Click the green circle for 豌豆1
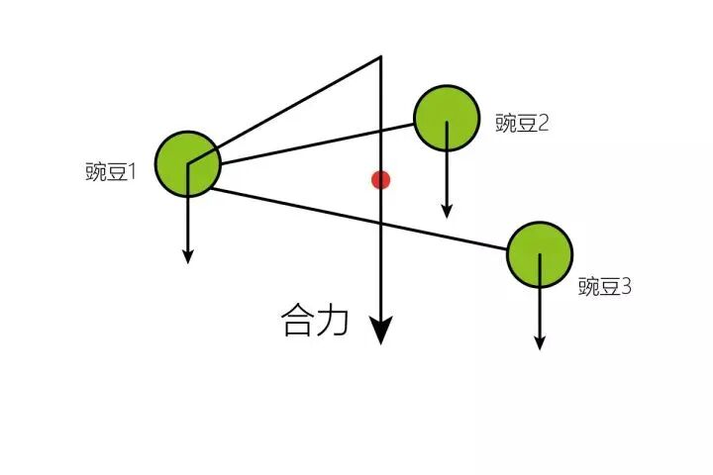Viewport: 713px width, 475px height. coord(187,164)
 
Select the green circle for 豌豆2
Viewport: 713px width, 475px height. coord(447,119)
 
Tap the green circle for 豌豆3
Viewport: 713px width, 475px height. coord(540,254)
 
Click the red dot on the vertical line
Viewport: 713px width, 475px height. coord(380,179)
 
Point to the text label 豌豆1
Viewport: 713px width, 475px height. coord(110,172)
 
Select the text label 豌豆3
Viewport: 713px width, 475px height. coord(604,287)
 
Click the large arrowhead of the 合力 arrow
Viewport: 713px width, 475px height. coord(380,332)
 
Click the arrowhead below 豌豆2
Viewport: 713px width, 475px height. coord(447,211)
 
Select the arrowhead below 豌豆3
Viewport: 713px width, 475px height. coord(540,342)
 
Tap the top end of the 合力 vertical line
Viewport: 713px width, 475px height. coord(380,58)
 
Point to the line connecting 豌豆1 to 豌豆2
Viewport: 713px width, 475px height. coord(317,144)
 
